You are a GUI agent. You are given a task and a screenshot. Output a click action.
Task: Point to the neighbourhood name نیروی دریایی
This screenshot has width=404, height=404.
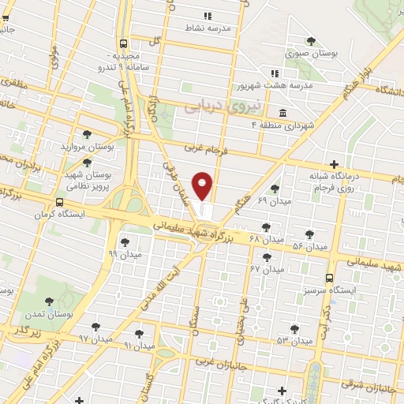pyautogui.click(x=211, y=103)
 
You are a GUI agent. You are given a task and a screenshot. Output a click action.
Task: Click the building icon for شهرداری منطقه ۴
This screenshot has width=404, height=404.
pyautogui.click(x=283, y=111)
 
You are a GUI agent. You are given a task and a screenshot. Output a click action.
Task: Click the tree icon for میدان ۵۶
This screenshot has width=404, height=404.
pyautogui.click(x=309, y=235)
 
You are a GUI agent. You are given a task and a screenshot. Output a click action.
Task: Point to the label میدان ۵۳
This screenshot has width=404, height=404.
pyautogui.click(x=295, y=340)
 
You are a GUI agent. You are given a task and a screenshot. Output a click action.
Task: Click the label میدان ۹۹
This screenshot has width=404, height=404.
pyautogui.click(x=125, y=254)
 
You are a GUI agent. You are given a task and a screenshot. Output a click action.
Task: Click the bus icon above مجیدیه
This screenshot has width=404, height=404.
pyautogui.click(x=123, y=44)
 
